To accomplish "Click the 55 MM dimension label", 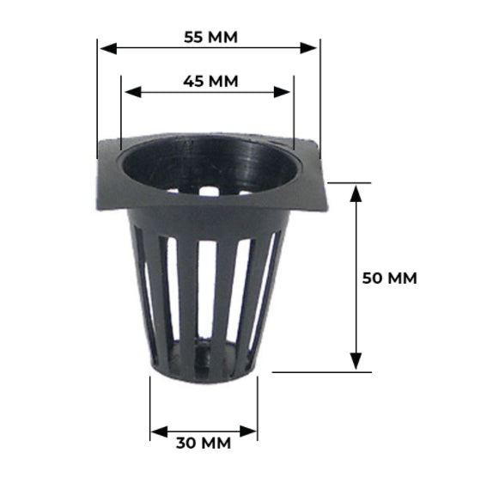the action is point(210,37).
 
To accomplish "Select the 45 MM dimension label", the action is point(210,81).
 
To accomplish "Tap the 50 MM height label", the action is point(390,279).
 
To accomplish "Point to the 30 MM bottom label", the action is point(204,443).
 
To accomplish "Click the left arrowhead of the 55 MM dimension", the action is point(108,48).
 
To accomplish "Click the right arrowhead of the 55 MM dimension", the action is point(308,48).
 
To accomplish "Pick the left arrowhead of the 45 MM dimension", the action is point(133,92).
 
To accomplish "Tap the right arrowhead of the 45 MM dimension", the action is point(282,92).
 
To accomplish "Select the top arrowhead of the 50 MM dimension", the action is point(356,194).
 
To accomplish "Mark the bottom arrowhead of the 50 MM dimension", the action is point(356,361).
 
